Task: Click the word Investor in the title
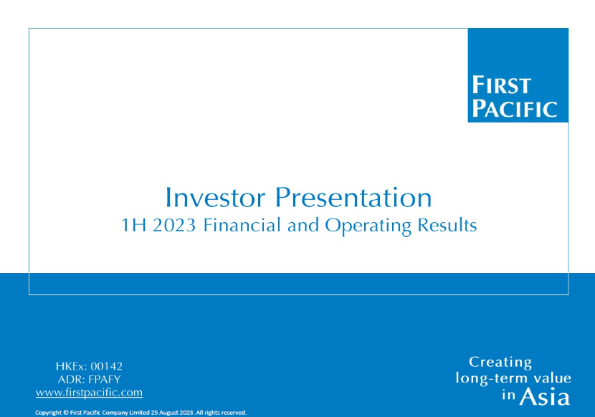click(215, 197)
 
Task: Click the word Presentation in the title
click(353, 197)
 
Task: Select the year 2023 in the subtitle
click(174, 225)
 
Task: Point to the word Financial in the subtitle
click(242, 225)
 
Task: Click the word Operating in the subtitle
click(368, 226)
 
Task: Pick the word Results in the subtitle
click(447, 225)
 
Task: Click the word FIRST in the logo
click(501, 85)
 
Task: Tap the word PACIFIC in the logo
click(515, 108)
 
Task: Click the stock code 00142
click(107, 366)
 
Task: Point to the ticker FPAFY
click(105, 380)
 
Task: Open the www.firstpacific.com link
click(89, 393)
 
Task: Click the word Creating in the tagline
click(500, 363)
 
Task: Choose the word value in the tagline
click(552, 378)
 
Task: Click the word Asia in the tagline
click(545, 397)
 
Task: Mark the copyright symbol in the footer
click(66, 413)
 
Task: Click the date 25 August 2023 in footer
click(172, 413)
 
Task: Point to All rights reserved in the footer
click(221, 413)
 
